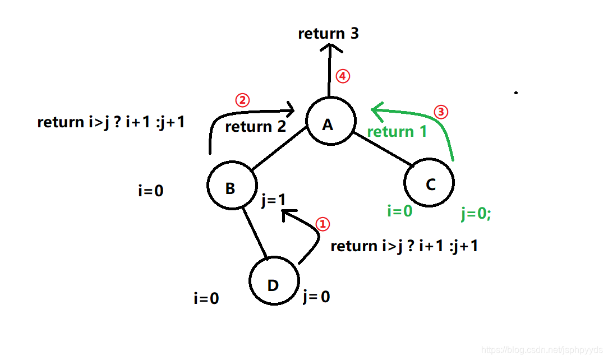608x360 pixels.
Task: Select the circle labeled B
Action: tap(232, 187)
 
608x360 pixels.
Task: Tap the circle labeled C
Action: tap(429, 183)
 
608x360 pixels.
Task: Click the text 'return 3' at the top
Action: tap(328, 34)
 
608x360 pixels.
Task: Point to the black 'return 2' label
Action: tap(255, 127)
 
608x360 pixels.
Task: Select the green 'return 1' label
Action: tap(397, 132)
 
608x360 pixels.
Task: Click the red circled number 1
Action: tap(323, 224)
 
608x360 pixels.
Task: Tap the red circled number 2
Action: tap(242, 100)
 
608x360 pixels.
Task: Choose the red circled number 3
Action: tap(442, 112)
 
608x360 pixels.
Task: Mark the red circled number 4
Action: tap(342, 76)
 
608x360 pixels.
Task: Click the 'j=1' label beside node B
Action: tap(274, 200)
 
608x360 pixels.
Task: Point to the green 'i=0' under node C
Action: tap(400, 211)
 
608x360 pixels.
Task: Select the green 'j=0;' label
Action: tap(476, 214)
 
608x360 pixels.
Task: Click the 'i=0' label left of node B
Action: tap(150, 191)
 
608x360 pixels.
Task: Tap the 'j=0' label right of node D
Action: tap(316, 296)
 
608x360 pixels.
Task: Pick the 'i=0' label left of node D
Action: tap(206, 298)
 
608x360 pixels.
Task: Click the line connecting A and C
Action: tap(382, 149)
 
